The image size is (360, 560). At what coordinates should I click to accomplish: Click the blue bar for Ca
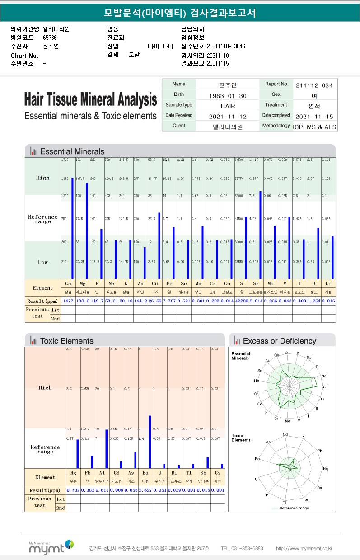[72, 228]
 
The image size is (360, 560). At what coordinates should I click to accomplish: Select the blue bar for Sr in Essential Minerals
[260, 235]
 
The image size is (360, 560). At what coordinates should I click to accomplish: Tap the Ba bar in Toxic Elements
[150, 442]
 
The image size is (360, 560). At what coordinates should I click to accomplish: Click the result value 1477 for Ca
[68, 301]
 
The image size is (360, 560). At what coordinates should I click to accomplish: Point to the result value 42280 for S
[241, 301]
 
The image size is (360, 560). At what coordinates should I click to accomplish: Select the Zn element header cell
[140, 284]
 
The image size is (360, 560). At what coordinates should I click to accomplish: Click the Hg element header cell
[73, 473]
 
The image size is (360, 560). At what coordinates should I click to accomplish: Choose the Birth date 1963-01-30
[228, 95]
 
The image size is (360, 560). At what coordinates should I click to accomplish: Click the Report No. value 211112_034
[314, 85]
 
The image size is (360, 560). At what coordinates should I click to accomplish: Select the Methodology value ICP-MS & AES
[314, 127]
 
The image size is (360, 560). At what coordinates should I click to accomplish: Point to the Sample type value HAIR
[228, 106]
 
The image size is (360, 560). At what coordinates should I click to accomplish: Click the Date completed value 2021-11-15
[314, 116]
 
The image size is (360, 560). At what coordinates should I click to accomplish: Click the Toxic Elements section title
[66, 341]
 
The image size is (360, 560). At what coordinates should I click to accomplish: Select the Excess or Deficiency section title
[279, 341]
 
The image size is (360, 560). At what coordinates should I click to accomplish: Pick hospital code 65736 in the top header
[50, 38]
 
